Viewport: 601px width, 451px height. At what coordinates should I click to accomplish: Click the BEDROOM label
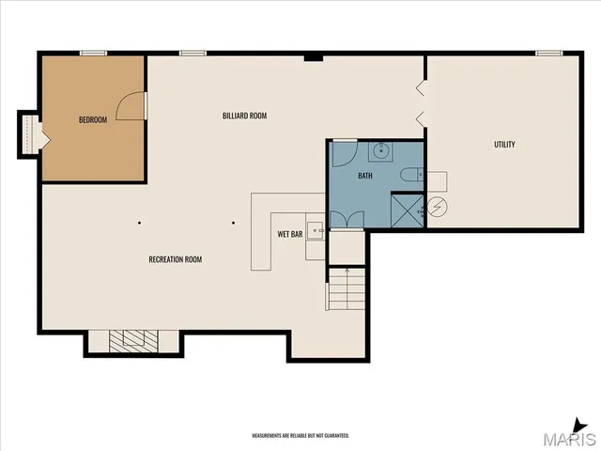click(x=93, y=119)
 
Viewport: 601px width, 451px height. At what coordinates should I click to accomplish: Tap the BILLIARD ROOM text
click(x=245, y=116)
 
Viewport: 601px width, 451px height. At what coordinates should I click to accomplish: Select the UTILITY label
click(x=504, y=144)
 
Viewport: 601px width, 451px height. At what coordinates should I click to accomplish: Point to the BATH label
click(x=365, y=176)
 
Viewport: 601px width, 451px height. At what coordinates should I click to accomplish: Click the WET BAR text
click(x=289, y=233)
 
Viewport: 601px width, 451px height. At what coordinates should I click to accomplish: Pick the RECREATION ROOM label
click(x=175, y=259)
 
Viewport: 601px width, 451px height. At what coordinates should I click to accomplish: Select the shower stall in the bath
click(x=407, y=210)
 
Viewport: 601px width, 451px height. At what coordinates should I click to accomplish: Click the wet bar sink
click(x=317, y=227)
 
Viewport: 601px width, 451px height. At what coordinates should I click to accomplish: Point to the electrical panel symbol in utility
click(x=437, y=207)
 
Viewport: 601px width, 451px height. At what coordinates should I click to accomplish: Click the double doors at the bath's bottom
click(x=347, y=220)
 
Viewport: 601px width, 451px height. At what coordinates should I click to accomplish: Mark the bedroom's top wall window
click(x=93, y=54)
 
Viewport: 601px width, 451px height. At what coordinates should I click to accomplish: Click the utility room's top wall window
click(x=548, y=54)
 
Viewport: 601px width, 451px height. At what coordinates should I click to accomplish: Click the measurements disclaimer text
click(x=300, y=436)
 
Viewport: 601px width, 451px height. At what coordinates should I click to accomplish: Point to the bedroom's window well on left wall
click(x=28, y=132)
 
